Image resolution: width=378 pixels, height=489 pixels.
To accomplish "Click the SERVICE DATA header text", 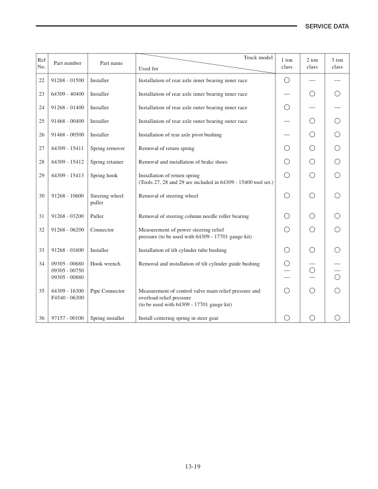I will [x=327, y=27].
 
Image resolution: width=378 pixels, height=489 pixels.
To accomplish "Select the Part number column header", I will [x=67, y=63].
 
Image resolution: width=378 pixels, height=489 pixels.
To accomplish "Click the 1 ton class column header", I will [x=287, y=63].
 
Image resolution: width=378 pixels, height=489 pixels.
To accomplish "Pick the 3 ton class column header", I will [x=337, y=63].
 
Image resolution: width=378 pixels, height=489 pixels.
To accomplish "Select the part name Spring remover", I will [x=107, y=148].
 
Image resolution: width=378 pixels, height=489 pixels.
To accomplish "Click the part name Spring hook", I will [x=104, y=175].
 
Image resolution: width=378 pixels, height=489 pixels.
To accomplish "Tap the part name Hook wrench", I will [x=104, y=264].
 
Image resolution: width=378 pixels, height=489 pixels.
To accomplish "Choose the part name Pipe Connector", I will [x=107, y=291].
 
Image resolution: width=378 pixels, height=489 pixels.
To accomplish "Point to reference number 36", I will [x=41, y=318].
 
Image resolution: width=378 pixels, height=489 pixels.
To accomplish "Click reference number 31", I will [x=41, y=217].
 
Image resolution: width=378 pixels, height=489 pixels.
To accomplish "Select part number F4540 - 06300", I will [x=67, y=298].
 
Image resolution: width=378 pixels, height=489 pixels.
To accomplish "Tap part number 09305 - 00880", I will [x=67, y=277].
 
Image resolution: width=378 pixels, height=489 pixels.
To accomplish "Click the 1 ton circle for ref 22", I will [x=287, y=81].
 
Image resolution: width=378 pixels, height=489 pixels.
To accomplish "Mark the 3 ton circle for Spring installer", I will [x=337, y=318].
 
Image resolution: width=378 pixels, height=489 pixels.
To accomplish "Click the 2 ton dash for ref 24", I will [x=312, y=108].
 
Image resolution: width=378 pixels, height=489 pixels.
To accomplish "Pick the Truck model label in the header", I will [x=258, y=57].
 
